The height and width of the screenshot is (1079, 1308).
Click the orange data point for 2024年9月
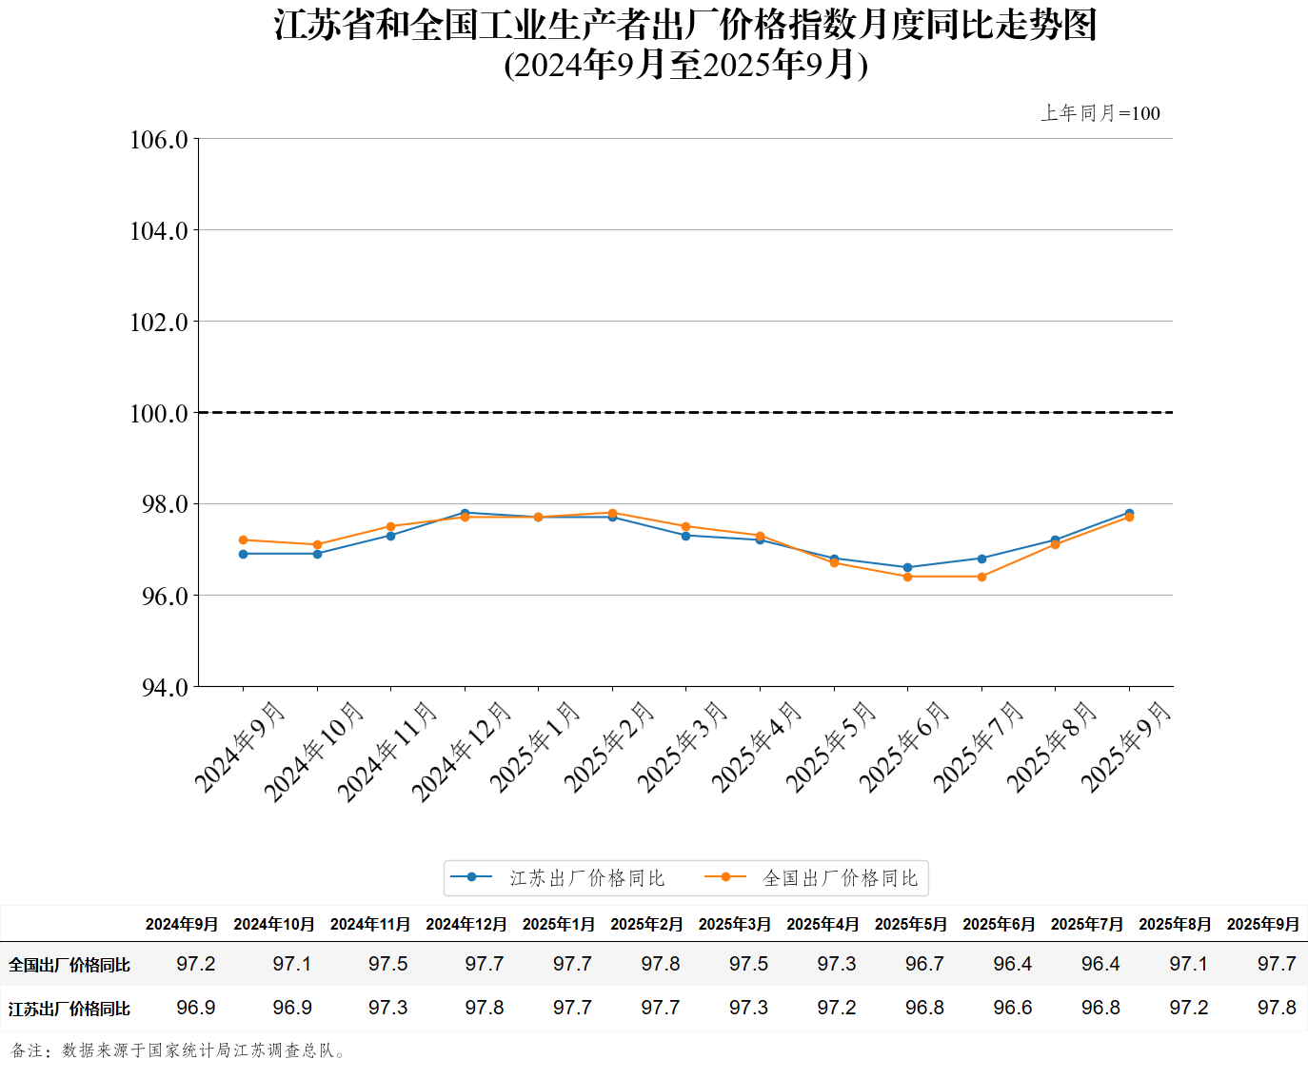click(243, 539)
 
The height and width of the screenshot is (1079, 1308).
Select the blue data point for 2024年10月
click(317, 554)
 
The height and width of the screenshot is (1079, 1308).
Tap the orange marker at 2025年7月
click(981, 577)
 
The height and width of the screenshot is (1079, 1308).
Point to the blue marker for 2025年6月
click(907, 567)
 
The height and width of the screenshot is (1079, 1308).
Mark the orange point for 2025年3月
click(685, 526)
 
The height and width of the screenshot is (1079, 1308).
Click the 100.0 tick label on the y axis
click(159, 413)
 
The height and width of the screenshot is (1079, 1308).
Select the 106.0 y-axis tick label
click(159, 140)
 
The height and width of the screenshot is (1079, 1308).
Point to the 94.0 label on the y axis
click(165, 687)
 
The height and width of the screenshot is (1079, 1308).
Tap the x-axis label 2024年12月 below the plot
click(462, 751)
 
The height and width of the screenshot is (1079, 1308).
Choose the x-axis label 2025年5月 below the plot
click(829, 747)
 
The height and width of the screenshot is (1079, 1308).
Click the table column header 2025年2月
click(646, 924)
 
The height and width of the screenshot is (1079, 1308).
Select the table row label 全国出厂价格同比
click(69, 965)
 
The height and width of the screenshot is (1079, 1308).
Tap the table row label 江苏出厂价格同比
click(69, 1009)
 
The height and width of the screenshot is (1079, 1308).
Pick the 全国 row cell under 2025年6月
click(1012, 964)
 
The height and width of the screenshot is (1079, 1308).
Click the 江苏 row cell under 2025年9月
click(1277, 1008)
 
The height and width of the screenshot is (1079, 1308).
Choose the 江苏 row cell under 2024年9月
click(196, 1008)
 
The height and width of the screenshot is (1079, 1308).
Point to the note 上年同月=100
click(1100, 113)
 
